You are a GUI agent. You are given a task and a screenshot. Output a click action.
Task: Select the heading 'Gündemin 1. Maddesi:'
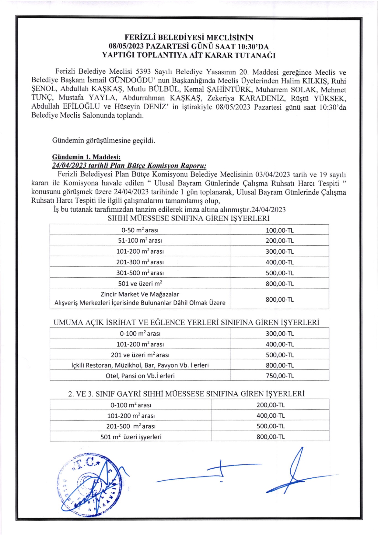pos(86,157)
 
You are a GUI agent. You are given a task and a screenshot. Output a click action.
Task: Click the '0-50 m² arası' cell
pos(140,230)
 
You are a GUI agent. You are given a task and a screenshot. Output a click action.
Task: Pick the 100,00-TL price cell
pos(279,230)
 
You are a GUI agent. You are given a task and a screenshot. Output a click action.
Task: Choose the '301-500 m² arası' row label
pos(140,273)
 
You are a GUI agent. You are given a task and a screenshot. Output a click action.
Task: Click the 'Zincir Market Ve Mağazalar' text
pos(140,294)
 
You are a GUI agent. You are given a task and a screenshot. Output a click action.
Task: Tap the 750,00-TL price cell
pos(279,376)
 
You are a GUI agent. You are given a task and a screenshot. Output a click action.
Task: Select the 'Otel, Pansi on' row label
pos(140,376)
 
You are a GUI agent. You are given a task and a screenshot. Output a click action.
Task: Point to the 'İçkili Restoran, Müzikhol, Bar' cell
pos(140,365)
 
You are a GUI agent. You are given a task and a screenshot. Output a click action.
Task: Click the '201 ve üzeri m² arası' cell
pos(140,355)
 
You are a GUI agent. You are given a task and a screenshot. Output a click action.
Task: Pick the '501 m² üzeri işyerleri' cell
pos(131,437)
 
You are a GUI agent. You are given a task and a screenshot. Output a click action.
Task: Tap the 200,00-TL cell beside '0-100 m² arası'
pos(270,405)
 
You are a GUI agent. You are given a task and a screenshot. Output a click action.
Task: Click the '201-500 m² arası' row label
pos(131,426)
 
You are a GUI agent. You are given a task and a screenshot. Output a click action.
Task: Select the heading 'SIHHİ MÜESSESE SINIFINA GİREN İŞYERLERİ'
pos(189,218)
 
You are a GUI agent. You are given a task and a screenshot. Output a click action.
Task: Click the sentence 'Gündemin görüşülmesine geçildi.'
pos(103,141)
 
